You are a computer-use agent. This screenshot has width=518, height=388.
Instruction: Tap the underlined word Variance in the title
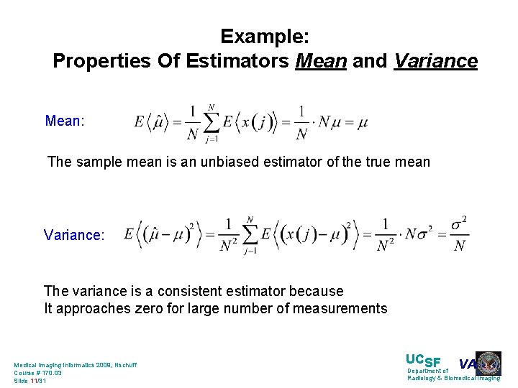[435, 61]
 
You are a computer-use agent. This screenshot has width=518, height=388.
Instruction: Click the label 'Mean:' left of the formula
[65, 121]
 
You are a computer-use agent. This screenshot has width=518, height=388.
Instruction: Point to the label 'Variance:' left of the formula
[74, 235]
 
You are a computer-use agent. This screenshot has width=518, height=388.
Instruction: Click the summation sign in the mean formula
[210, 122]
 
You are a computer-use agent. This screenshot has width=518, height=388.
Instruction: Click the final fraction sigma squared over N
[459, 234]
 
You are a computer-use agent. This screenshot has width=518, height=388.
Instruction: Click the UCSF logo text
[423, 361]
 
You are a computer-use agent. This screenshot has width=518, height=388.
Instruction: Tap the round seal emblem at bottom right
[489, 362]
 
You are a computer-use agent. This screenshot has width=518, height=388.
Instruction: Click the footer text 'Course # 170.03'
[38, 373]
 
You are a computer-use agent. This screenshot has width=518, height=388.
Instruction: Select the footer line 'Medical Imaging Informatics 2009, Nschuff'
[76, 365]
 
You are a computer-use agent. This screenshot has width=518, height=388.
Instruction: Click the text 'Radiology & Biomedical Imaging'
[453, 378]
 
